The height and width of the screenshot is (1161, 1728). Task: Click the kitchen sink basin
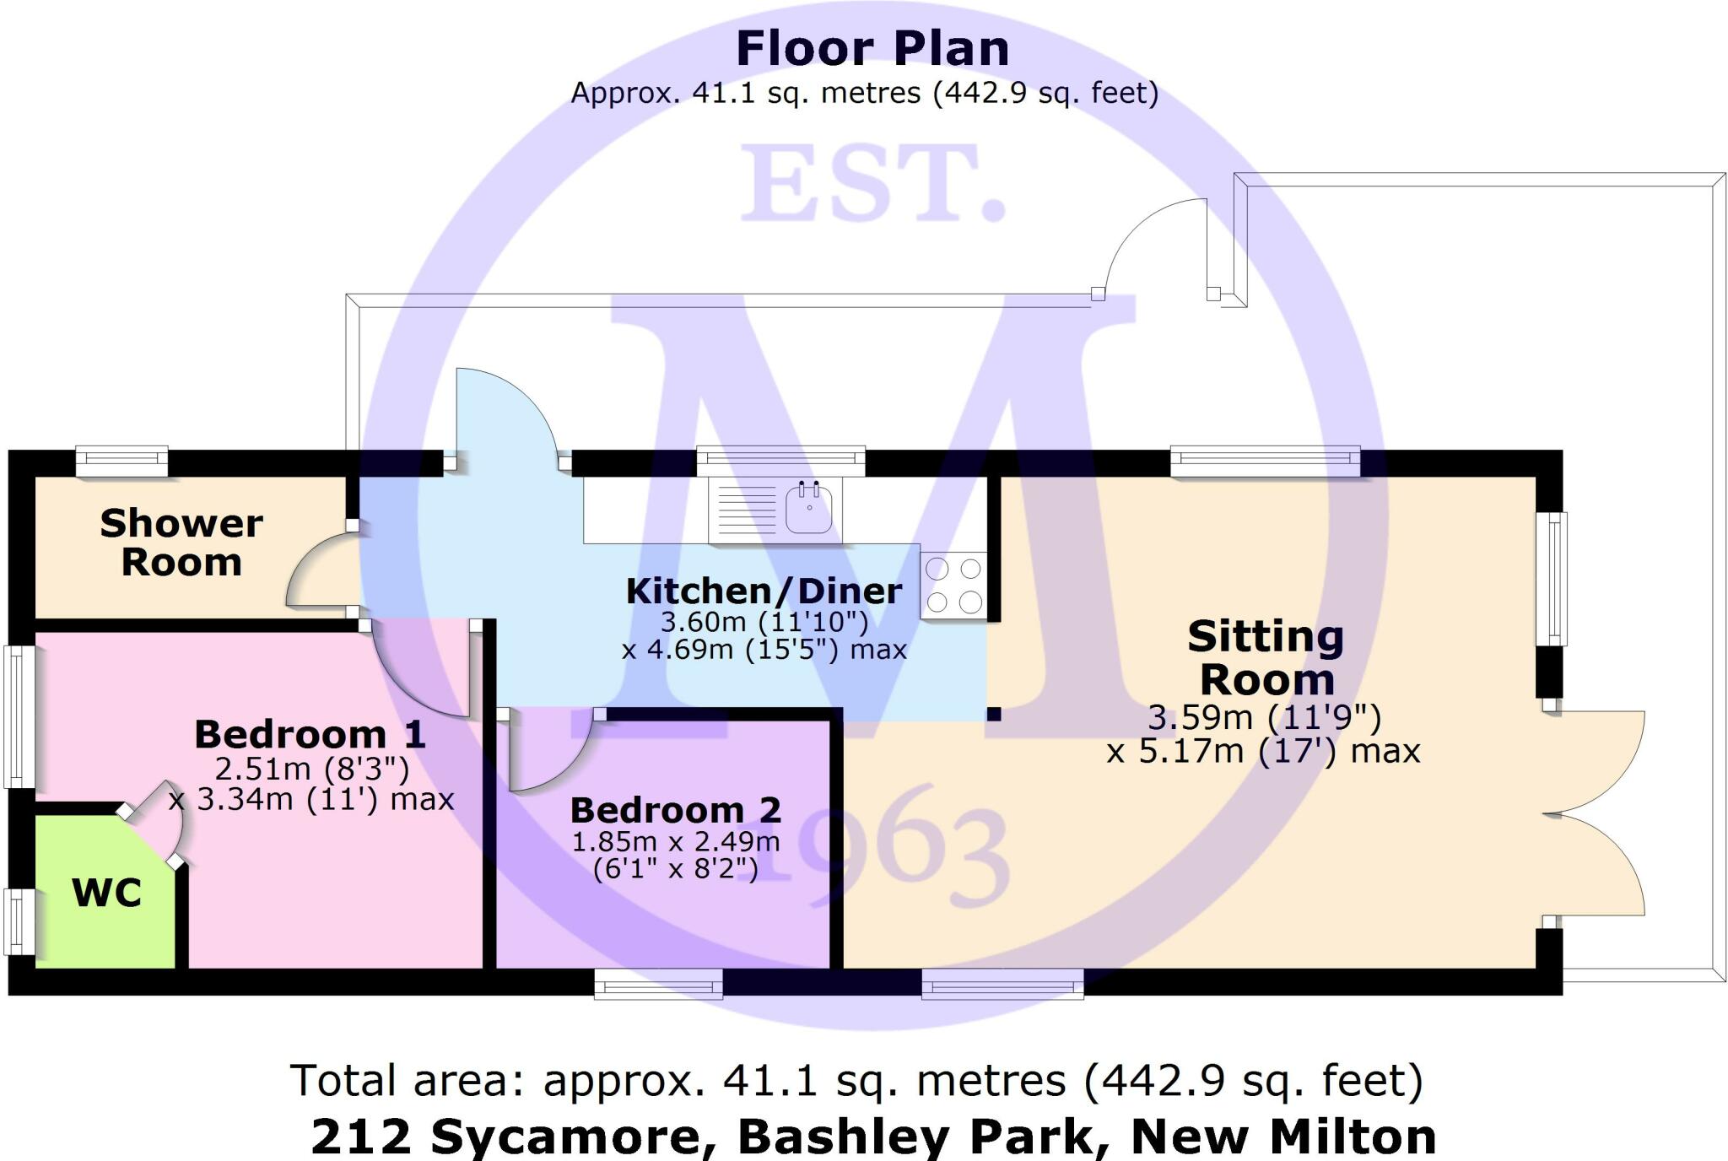pos(808,508)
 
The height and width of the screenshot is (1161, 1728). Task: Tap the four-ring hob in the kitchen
pos(953,585)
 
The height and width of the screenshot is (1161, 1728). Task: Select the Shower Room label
pos(181,543)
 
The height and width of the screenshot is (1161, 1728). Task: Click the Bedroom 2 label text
pos(676,810)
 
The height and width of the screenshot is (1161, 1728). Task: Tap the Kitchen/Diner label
pos(764,591)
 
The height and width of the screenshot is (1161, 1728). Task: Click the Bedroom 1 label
pos(310,734)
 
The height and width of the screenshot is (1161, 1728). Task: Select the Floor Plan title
pos(872,48)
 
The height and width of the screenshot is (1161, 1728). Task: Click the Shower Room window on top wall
pos(121,461)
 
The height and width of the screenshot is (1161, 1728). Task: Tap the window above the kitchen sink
pos(780,461)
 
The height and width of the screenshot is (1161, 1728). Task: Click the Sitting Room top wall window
pos(1265,461)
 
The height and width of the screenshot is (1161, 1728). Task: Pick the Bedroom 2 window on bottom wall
pos(658,983)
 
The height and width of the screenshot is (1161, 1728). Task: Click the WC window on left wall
pos(19,921)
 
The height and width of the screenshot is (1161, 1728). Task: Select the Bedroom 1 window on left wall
pos(19,716)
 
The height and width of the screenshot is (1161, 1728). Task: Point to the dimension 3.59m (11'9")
pos(1265,717)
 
